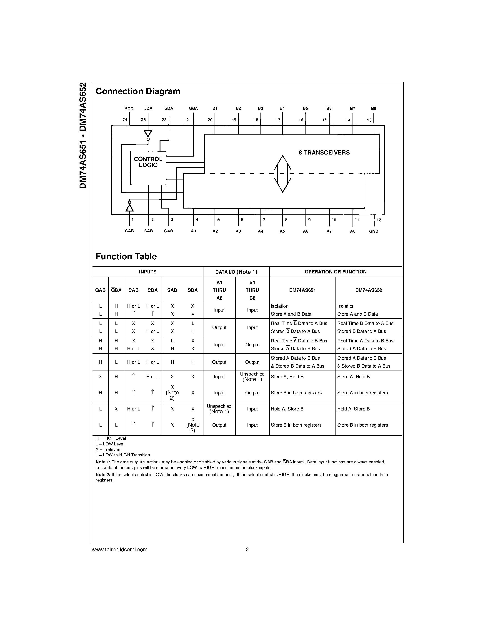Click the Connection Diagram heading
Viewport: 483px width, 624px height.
click(x=138, y=91)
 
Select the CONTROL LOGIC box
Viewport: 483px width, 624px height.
click(x=148, y=168)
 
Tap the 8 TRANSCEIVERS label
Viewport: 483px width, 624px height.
click(x=324, y=152)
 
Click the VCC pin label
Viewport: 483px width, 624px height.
click(x=129, y=108)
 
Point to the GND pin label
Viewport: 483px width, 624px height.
click(x=373, y=231)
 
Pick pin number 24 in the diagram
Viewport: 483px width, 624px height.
click(x=125, y=120)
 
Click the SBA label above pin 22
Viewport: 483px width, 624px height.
click(x=169, y=108)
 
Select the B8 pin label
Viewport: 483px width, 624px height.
click(x=373, y=108)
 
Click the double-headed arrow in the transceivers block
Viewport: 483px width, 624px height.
click(x=283, y=173)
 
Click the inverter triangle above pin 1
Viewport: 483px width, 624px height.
click(x=129, y=207)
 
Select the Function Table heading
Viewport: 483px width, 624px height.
click(x=126, y=257)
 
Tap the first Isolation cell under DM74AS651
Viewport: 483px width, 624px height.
click(x=280, y=306)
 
